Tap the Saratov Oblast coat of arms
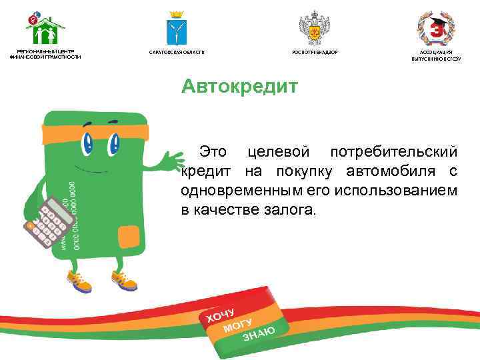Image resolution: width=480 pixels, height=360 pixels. pos(177,28)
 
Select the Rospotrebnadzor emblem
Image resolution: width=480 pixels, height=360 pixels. pos(311,27)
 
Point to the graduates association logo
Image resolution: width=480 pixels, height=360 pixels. pos(436,27)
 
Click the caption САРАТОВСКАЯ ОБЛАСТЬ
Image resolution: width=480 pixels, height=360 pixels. pos(177,52)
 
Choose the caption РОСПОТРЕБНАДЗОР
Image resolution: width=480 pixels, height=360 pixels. pos(311,52)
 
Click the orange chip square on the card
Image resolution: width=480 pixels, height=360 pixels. pos(126,235)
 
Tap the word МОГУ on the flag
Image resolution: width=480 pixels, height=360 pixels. pos(238,323)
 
